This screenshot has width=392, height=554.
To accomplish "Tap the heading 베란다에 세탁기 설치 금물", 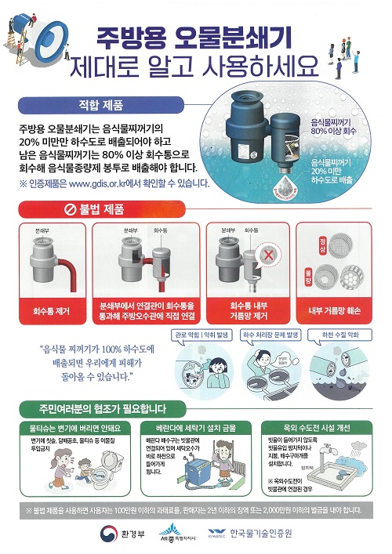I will pyautogui.click(x=195, y=429).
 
